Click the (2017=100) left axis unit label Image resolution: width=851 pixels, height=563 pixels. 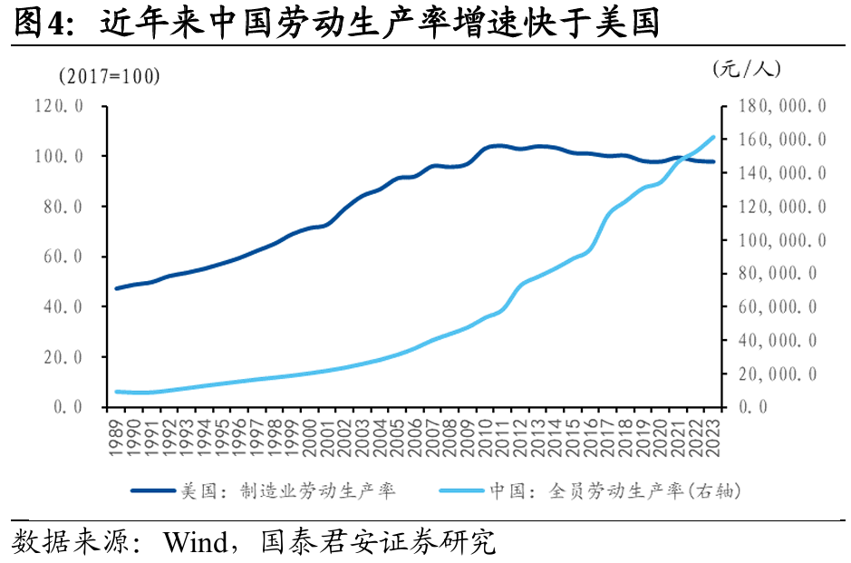pos(109,76)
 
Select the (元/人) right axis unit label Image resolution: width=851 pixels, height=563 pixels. pos(746,68)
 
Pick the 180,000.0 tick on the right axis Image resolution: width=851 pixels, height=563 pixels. pos(780,106)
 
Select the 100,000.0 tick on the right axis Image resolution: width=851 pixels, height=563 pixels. pos(780,240)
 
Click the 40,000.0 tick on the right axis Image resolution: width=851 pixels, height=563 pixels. pos(780,340)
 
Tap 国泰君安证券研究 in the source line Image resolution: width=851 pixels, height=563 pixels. pos(378,543)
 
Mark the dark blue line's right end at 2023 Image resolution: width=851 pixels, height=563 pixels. pos(714,161)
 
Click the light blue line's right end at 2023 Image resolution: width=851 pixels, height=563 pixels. pos(714,137)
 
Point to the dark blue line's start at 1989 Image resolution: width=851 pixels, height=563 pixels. pos(116,288)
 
